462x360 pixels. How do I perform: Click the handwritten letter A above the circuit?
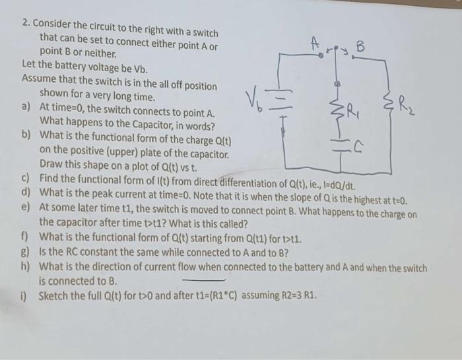316,41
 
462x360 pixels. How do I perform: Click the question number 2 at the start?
25,24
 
